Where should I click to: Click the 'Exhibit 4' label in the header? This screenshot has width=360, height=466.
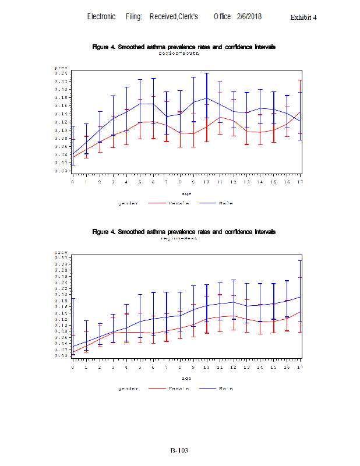(x=303, y=17)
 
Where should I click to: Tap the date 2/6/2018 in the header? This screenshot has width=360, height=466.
(x=249, y=17)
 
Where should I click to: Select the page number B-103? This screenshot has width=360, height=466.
(x=179, y=450)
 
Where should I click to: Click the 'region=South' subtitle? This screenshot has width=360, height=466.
(x=179, y=53)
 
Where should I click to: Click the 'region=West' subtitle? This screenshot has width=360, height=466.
(x=179, y=238)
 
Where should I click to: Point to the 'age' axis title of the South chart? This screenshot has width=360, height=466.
(x=186, y=193)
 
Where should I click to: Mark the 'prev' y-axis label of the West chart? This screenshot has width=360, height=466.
(x=61, y=252)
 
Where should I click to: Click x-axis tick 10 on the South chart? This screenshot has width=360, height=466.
(x=206, y=182)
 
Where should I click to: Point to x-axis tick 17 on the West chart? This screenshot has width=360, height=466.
(x=300, y=367)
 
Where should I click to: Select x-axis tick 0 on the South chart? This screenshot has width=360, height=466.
(x=73, y=182)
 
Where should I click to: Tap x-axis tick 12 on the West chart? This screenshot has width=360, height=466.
(x=233, y=367)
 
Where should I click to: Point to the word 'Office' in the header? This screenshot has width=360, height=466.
(x=222, y=17)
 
